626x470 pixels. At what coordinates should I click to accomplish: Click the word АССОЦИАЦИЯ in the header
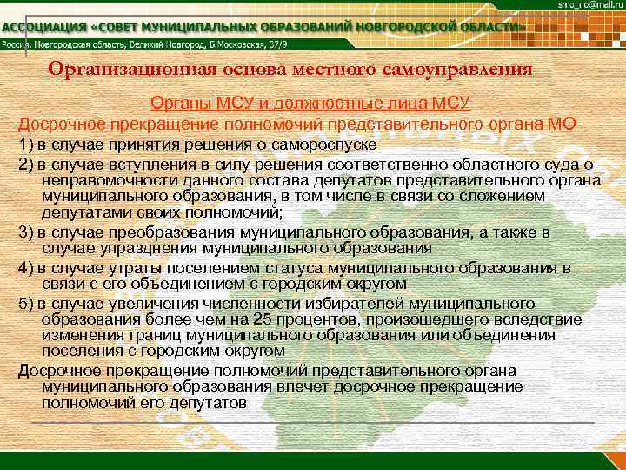point(48,28)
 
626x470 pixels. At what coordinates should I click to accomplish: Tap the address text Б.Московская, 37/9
point(286,46)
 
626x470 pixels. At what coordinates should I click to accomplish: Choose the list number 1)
point(25,142)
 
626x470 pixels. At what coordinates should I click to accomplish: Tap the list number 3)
point(25,232)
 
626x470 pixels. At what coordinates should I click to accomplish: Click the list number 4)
point(25,267)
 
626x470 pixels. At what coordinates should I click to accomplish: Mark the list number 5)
point(25,303)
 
